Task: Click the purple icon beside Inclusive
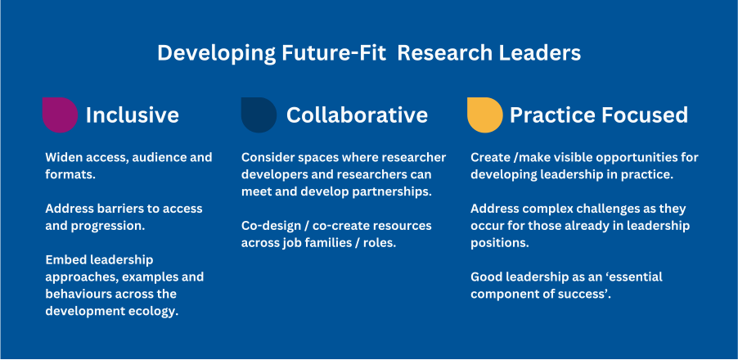click(60, 115)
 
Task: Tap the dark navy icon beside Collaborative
click(259, 115)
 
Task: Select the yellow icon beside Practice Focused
click(484, 115)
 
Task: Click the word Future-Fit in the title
click(326, 53)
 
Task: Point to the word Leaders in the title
click(541, 53)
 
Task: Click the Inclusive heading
click(132, 115)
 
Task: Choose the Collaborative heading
click(357, 115)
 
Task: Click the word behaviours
click(79, 294)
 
